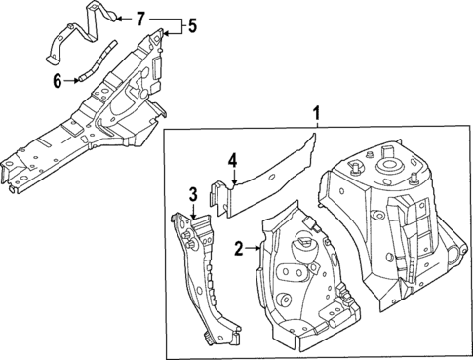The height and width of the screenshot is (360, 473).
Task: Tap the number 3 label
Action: tap(193, 193)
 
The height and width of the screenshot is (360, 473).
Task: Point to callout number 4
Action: tap(232, 159)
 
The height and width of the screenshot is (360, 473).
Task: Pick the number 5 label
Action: tap(192, 25)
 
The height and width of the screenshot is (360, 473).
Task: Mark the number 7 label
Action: tap(140, 18)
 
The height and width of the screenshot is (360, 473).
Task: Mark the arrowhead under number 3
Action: tap(193, 213)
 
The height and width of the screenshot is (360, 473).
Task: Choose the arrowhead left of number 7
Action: tap(120, 18)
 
